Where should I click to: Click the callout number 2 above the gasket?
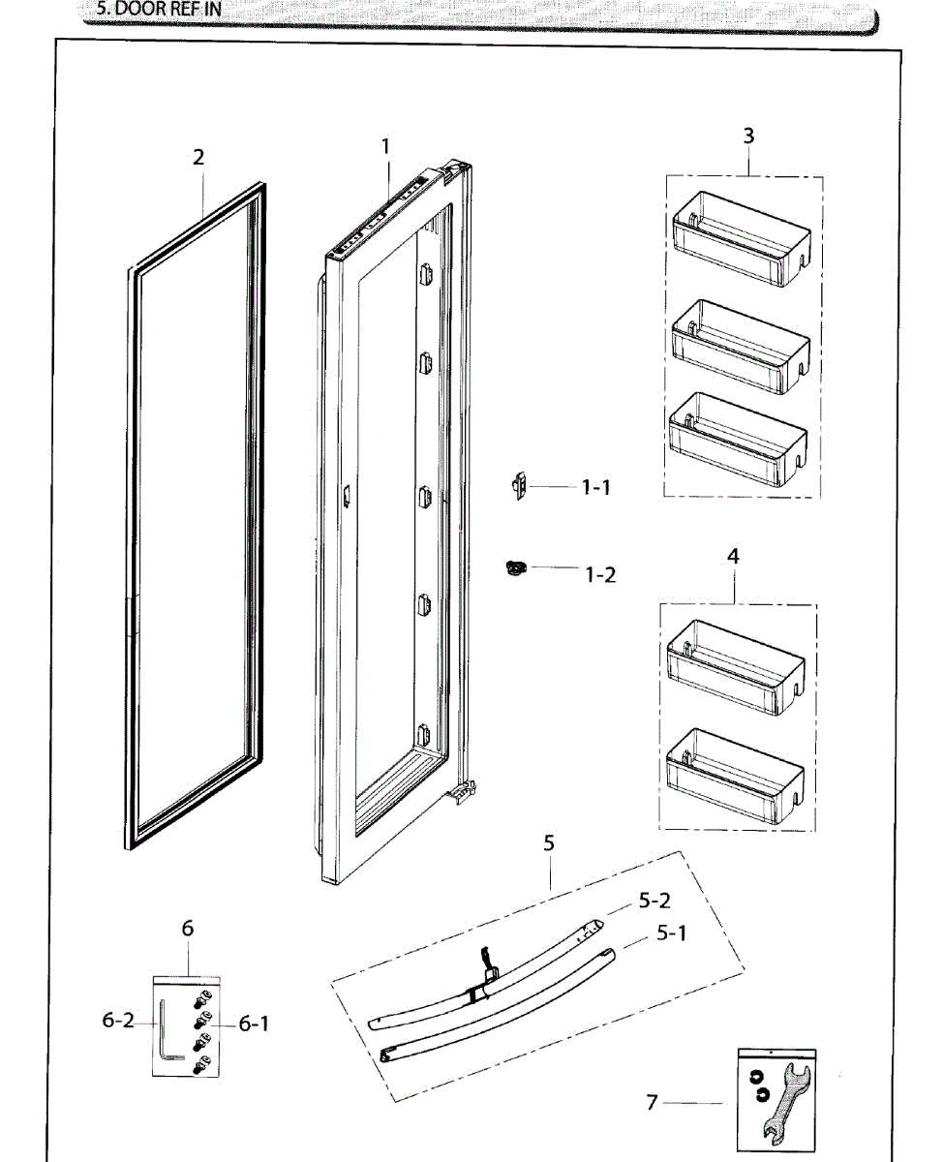click(198, 157)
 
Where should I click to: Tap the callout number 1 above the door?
click(385, 146)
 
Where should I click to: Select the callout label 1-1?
click(595, 488)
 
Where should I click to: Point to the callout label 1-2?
click(600, 574)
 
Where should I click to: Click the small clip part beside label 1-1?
click(519, 485)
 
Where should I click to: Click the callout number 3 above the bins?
click(748, 136)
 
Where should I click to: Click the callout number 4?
click(733, 557)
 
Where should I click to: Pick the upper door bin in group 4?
click(736, 663)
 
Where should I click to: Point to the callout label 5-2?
click(654, 901)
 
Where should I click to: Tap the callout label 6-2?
click(118, 1021)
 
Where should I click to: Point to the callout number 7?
click(653, 1102)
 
